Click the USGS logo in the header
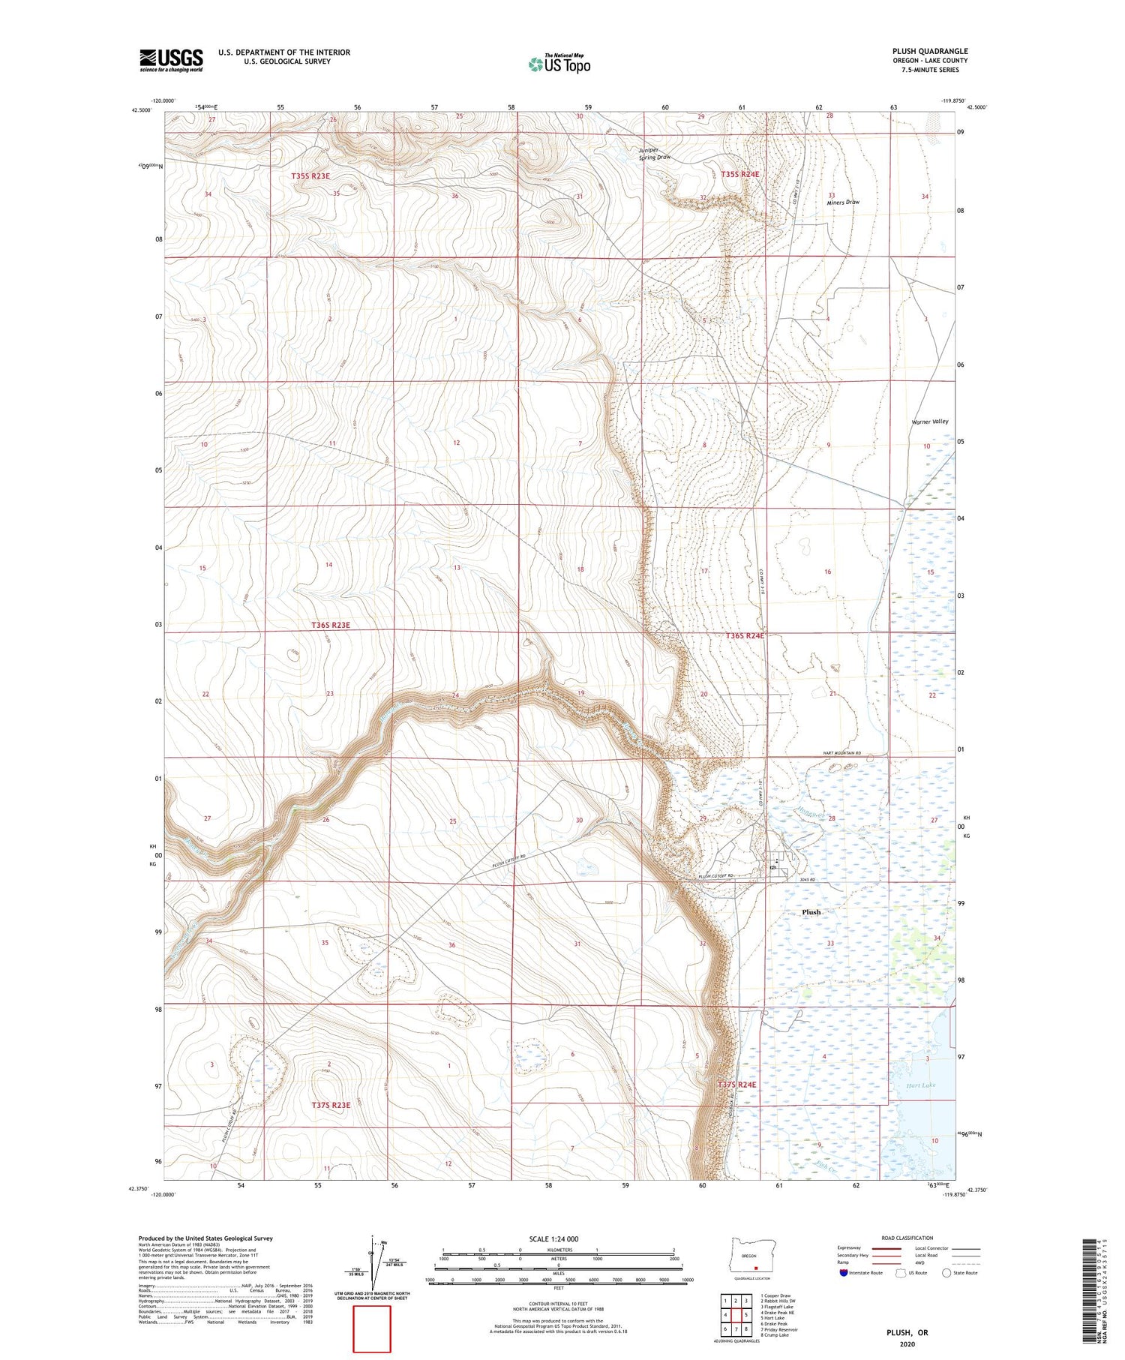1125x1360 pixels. pyautogui.click(x=171, y=60)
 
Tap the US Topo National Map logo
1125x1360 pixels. pyautogui.click(x=559, y=64)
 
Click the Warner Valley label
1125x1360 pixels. pyautogui.click(x=929, y=422)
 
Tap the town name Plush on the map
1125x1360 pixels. pyautogui.click(x=811, y=912)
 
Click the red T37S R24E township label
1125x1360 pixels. pyautogui.click(x=737, y=1085)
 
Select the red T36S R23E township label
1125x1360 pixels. pyautogui.click(x=330, y=625)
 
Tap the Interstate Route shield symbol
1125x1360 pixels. pyautogui.click(x=844, y=1273)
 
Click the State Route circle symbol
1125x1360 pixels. pyautogui.click(x=946, y=1273)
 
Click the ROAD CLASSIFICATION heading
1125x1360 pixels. pyautogui.click(x=907, y=1238)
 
